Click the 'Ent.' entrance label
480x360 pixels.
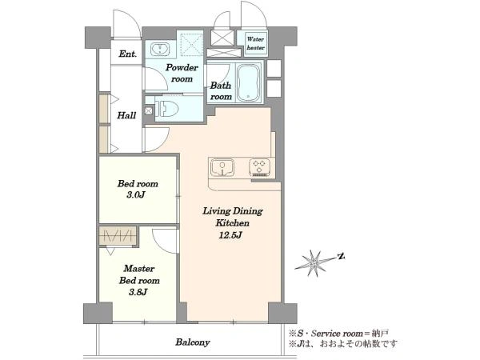pyautogui.click(x=127, y=54)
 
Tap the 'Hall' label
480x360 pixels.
pyautogui.click(x=126, y=115)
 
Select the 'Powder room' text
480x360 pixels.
pyautogui.click(x=182, y=73)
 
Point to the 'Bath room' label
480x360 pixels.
pyautogui.click(x=221, y=91)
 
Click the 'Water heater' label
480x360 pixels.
pyautogui.click(x=256, y=43)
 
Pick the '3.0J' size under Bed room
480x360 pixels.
pyautogui.click(x=136, y=194)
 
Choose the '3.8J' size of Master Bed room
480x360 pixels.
pyautogui.click(x=138, y=292)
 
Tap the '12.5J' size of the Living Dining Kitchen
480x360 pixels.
pyautogui.click(x=230, y=235)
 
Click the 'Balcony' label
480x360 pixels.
pyautogui.click(x=193, y=342)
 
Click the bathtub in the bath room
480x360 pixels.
pyautogui.click(x=249, y=82)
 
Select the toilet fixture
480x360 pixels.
pyautogui.click(x=166, y=108)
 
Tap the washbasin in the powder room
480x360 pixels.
pyautogui.click(x=159, y=50)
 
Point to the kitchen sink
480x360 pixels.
pyautogui.click(x=222, y=168)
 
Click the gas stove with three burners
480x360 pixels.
pyautogui.click(x=259, y=168)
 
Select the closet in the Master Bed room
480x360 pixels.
pyautogui.click(x=118, y=236)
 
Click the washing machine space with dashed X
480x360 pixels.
pyautogui.click(x=192, y=44)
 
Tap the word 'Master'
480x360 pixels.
pyautogui.click(x=139, y=269)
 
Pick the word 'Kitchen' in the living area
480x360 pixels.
pyautogui.click(x=232, y=223)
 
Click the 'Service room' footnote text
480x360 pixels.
pyautogui.click(x=336, y=334)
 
